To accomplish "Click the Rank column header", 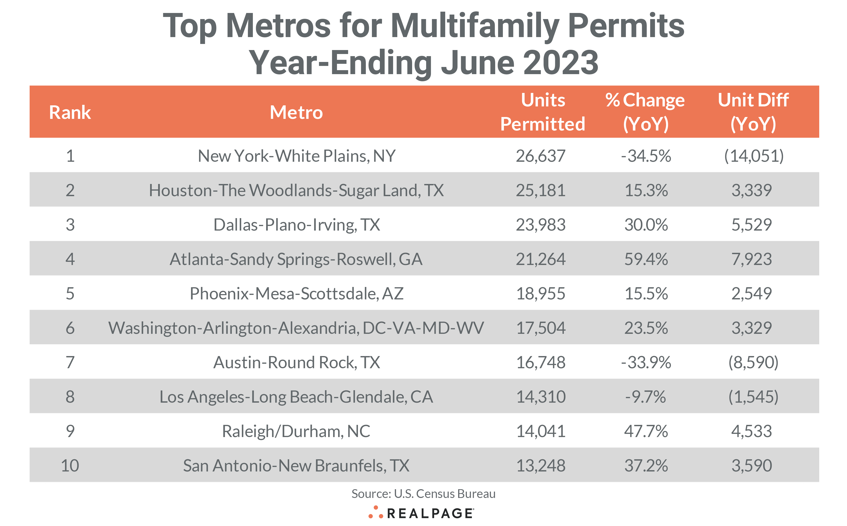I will tap(70, 112).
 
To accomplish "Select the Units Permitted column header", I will tap(543, 112).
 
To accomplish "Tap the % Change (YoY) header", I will tap(645, 112).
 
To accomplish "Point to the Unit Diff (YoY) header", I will tap(753, 112).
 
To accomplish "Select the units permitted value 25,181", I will tap(540, 190).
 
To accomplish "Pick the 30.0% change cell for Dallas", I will tap(646, 224).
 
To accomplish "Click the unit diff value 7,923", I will tap(752, 259).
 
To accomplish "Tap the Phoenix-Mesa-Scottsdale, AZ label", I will tap(297, 293).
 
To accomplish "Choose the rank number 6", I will tap(70, 328).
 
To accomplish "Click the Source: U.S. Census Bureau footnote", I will tap(423, 494).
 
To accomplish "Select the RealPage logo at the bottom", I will tap(421, 513).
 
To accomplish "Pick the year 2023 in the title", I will tap(560, 63).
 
